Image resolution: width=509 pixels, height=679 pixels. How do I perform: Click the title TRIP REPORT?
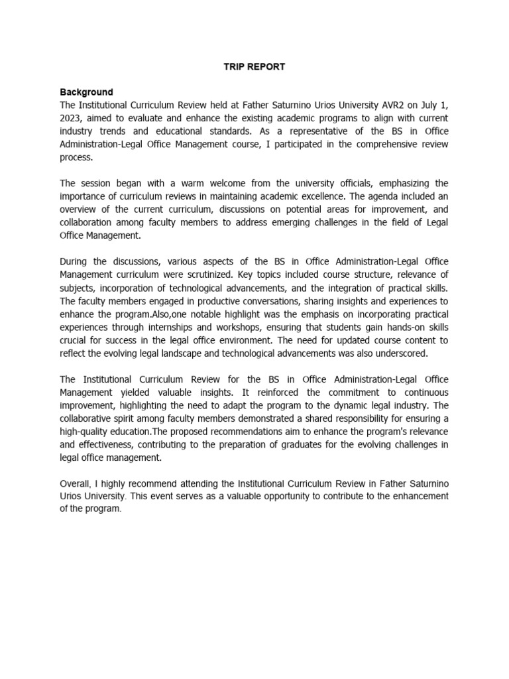tap(254, 67)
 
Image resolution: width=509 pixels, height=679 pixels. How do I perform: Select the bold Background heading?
tap(86, 92)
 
